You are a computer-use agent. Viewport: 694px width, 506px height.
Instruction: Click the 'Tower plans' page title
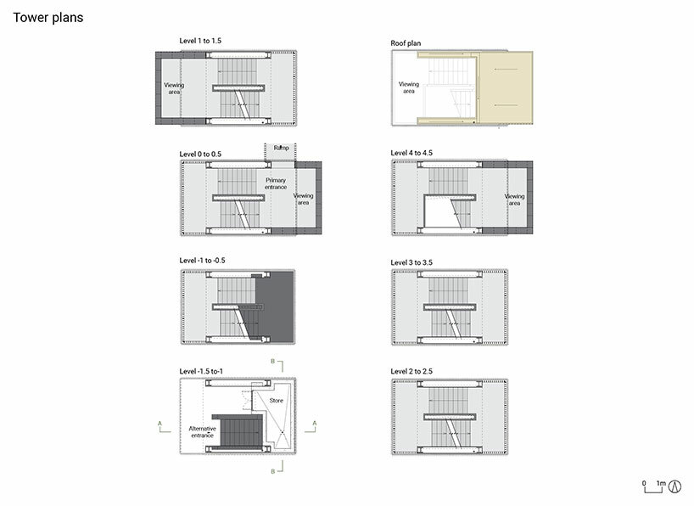[48, 17]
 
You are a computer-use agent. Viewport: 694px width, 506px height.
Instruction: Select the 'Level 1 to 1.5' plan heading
[200, 41]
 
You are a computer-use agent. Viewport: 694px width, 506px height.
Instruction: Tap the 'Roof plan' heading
[406, 43]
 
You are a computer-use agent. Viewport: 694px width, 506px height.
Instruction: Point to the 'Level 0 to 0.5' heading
[200, 155]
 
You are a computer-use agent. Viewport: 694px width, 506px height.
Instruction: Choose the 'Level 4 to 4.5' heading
[411, 153]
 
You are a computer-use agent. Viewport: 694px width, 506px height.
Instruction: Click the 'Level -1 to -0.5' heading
[202, 261]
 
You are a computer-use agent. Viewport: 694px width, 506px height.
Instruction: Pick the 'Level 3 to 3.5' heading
[411, 262]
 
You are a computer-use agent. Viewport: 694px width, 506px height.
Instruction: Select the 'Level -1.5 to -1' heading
[201, 371]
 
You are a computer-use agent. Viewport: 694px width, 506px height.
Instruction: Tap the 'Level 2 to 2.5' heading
[411, 371]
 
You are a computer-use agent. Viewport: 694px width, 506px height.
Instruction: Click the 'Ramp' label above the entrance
[281, 148]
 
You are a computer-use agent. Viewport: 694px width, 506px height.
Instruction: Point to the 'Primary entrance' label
[276, 183]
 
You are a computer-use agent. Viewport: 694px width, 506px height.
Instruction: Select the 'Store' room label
[277, 401]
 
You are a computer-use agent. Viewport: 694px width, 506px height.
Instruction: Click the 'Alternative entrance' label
[202, 432]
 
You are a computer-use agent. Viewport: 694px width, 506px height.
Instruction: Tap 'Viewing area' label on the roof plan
[409, 87]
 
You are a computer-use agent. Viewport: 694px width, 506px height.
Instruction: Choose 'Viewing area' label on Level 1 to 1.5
[174, 88]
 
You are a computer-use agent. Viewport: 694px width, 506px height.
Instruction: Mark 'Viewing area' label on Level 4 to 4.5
[514, 200]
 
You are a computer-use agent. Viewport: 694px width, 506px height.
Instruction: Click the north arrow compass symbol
[674, 486]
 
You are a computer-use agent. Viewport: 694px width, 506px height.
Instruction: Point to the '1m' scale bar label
[661, 483]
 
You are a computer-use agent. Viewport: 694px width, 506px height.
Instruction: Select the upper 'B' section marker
[273, 362]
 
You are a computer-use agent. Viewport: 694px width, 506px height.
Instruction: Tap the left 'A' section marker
[160, 424]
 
